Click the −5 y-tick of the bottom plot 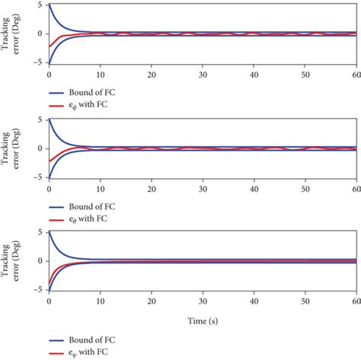click(x=39, y=290)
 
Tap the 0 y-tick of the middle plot click(x=41, y=148)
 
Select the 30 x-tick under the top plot click(x=202, y=76)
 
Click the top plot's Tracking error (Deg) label click(x=13, y=34)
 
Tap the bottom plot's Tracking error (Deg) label click(x=13, y=261)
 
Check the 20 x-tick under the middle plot click(x=151, y=190)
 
